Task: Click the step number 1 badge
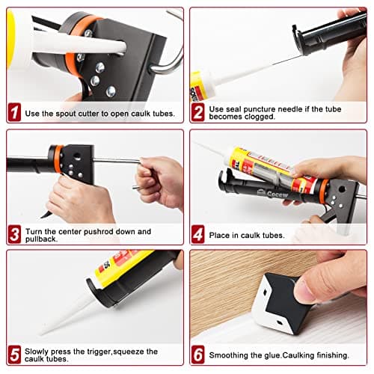pyautogui.click(x=14, y=113)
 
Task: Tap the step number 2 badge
pyautogui.click(x=198, y=113)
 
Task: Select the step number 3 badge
pyautogui.click(x=14, y=235)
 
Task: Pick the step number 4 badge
pyautogui.click(x=198, y=235)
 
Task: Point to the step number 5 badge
pyautogui.click(x=14, y=355)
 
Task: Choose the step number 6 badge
pyautogui.click(x=198, y=355)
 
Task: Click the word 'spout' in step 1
pyautogui.click(x=61, y=114)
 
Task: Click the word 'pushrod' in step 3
pyautogui.click(x=102, y=232)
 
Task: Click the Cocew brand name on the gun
pyautogui.click(x=264, y=193)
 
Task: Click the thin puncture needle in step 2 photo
pyautogui.click(x=254, y=63)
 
